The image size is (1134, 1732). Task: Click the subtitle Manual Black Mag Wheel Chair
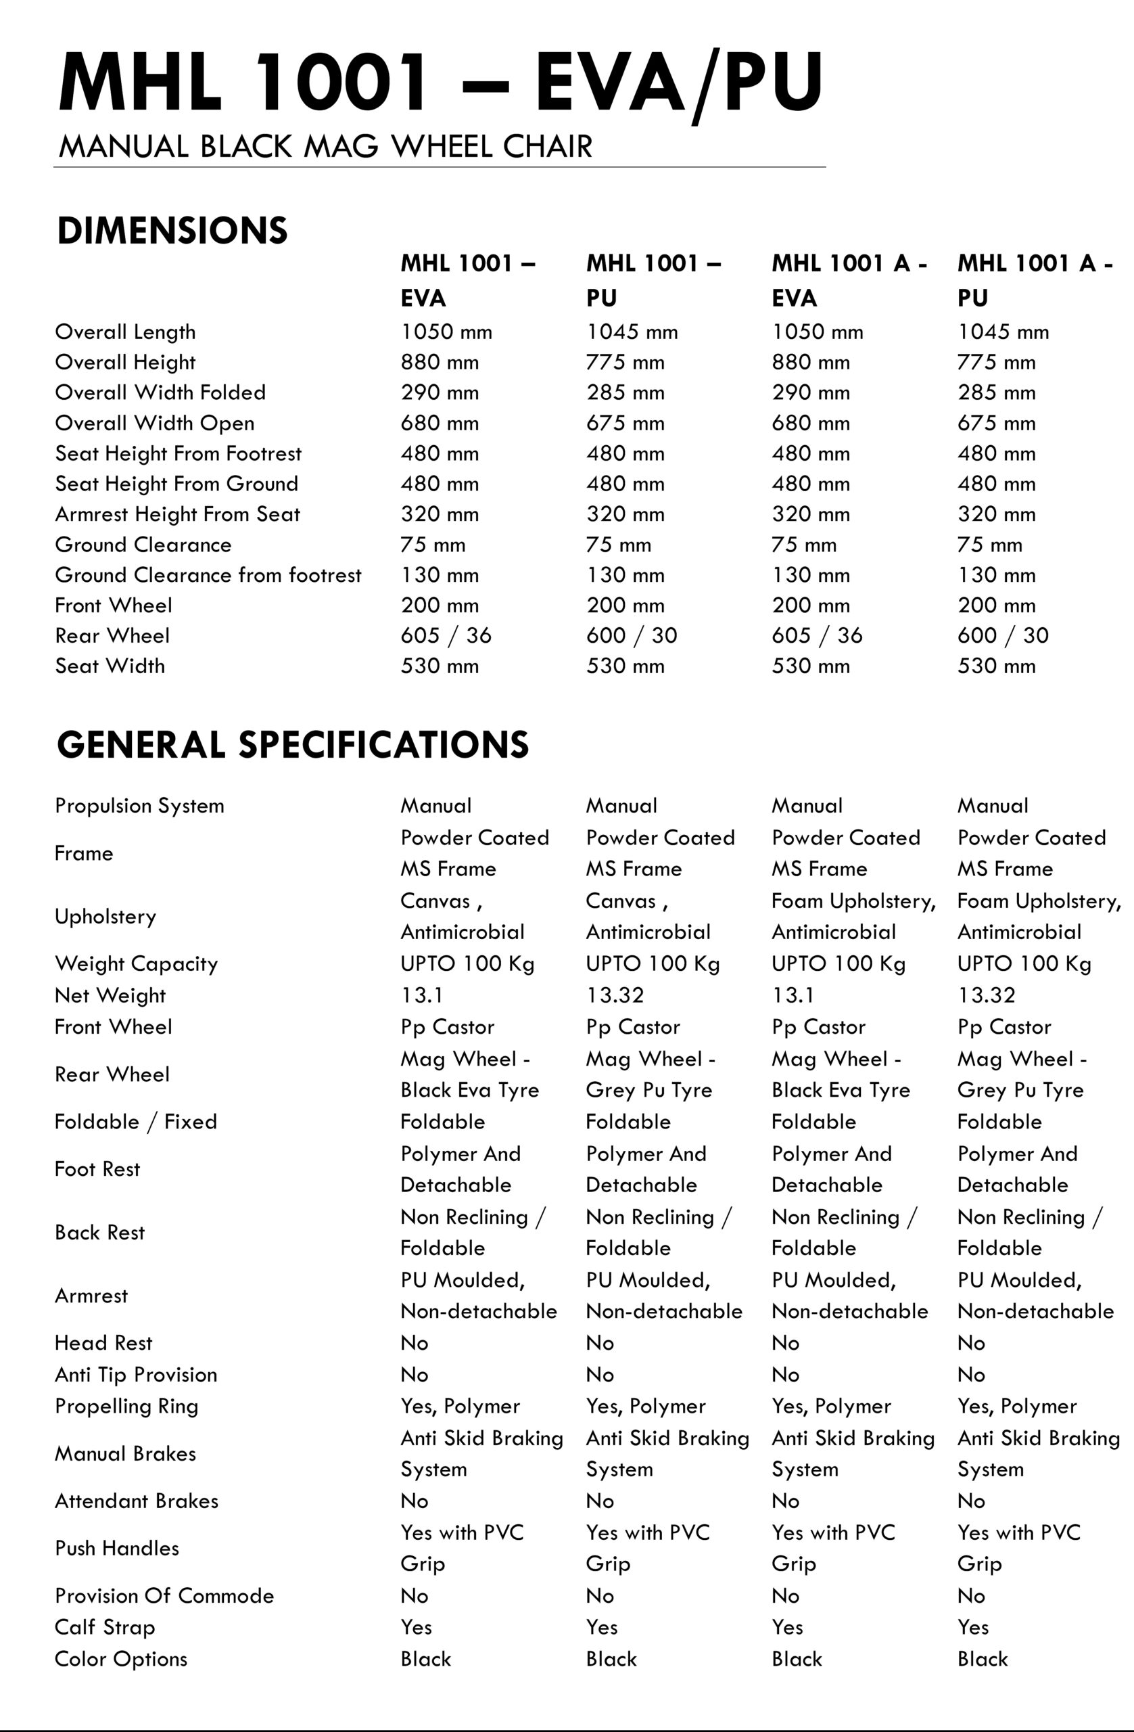click(x=325, y=146)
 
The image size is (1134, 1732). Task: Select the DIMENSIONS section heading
click(x=172, y=230)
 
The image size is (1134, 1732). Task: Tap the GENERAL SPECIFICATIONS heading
click(x=292, y=744)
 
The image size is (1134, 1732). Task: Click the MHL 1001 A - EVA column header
click(x=849, y=280)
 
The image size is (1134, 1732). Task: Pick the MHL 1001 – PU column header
click(x=653, y=280)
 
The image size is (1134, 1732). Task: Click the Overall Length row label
click(x=125, y=332)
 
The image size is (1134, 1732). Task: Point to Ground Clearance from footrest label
click(x=208, y=575)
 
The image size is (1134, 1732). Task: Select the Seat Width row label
click(x=110, y=666)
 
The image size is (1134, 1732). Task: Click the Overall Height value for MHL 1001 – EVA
click(x=440, y=363)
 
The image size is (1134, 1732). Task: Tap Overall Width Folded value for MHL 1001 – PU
click(x=625, y=393)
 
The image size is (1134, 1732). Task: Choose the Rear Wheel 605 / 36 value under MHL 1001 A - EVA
click(x=817, y=635)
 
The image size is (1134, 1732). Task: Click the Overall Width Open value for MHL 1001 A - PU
click(x=996, y=423)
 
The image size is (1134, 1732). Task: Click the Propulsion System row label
click(x=139, y=806)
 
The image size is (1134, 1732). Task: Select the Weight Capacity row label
click(x=136, y=963)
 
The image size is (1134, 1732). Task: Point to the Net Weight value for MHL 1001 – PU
click(x=615, y=995)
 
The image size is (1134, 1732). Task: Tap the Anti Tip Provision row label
click(x=136, y=1375)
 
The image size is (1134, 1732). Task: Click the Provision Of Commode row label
click(x=164, y=1596)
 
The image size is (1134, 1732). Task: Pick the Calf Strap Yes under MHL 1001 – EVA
click(x=416, y=1627)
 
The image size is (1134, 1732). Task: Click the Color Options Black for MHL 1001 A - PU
click(x=982, y=1659)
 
